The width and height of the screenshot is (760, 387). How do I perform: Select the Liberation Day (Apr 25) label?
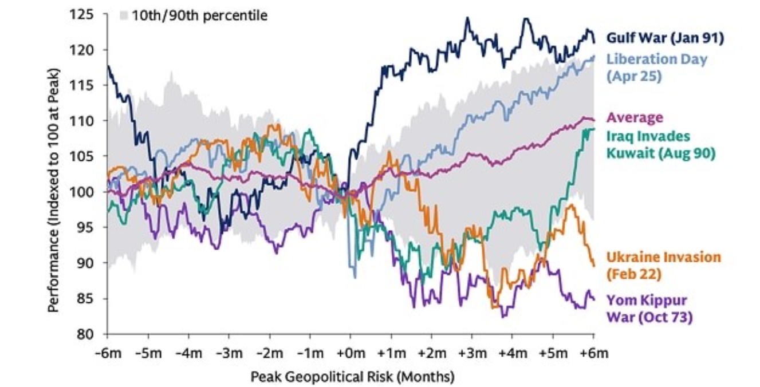pyautogui.click(x=656, y=66)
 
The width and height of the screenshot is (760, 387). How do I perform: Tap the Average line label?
pyautogui.click(x=635, y=118)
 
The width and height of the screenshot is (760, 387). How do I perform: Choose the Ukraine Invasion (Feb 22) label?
pyautogui.click(x=663, y=265)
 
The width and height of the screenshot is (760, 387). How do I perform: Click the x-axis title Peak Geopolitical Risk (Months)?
pyautogui.click(x=352, y=377)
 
